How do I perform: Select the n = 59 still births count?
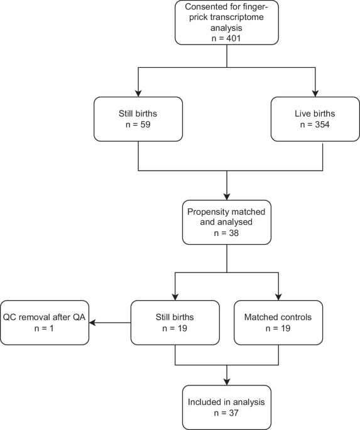(137, 125)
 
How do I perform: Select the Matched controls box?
(278, 322)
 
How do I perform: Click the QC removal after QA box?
(45, 322)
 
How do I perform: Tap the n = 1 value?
(45, 328)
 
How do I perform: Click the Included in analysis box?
(226, 406)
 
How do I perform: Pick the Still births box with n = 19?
(174, 322)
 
